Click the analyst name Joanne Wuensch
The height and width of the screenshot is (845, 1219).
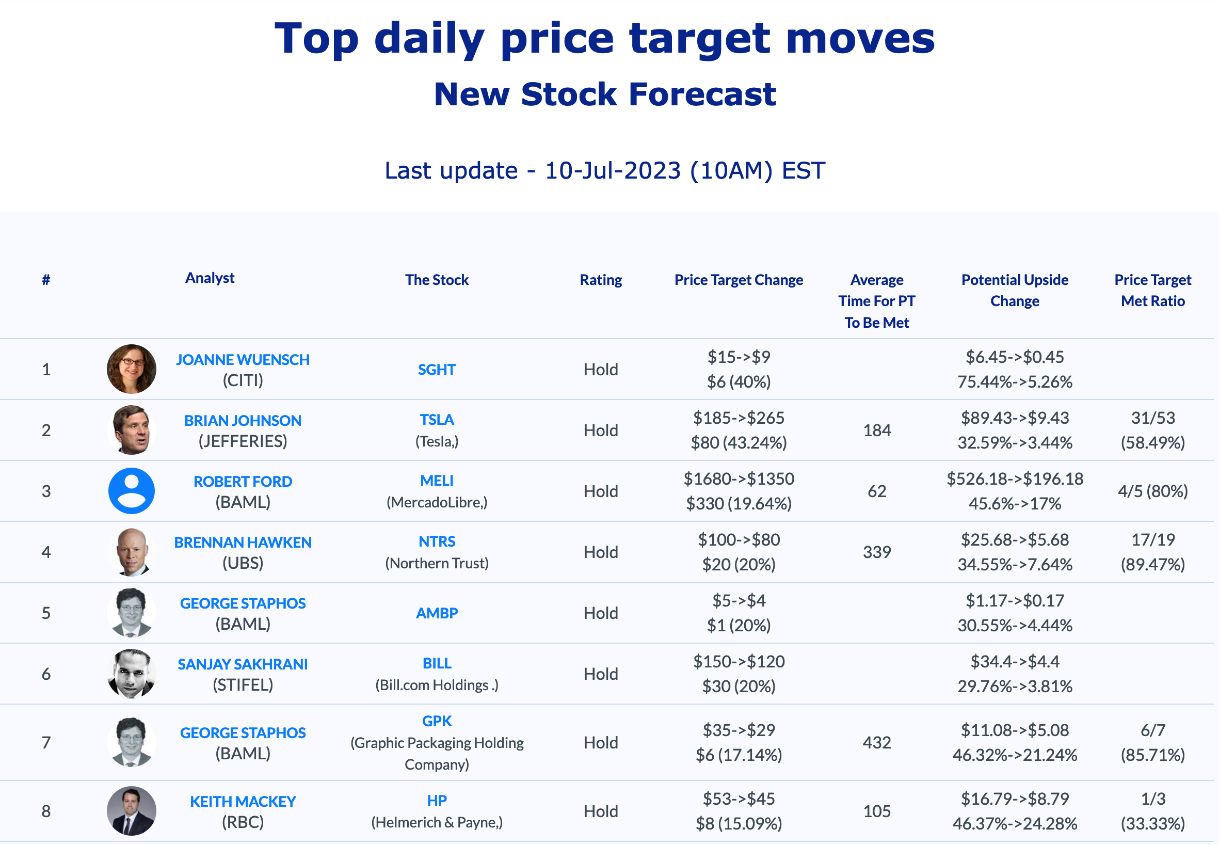tap(243, 359)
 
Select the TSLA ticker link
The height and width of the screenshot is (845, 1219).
tap(437, 420)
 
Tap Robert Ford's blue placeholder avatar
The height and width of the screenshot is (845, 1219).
tap(131, 491)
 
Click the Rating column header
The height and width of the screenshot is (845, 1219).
tap(600, 280)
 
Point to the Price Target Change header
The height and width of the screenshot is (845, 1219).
tap(739, 280)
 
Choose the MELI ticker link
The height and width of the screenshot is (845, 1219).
tap(437, 481)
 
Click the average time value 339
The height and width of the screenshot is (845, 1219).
tap(876, 552)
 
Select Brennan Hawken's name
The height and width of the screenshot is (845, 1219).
tap(243, 542)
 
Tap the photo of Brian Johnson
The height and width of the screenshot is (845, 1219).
tap(131, 430)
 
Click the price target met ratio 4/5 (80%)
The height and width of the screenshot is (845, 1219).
tap(1152, 491)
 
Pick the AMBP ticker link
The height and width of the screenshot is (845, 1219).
tap(437, 613)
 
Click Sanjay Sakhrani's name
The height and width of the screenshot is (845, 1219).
tap(243, 664)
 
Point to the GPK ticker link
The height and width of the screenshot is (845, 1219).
tap(437, 721)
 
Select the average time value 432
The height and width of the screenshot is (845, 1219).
tap(876, 742)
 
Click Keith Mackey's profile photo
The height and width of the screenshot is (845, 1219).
tap(131, 810)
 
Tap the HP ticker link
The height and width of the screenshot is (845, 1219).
tap(437, 801)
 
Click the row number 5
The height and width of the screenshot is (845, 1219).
tap(46, 613)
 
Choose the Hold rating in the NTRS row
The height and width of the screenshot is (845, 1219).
tap(600, 552)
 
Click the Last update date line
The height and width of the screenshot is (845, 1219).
tap(604, 170)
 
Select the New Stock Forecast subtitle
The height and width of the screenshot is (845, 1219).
tap(604, 94)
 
